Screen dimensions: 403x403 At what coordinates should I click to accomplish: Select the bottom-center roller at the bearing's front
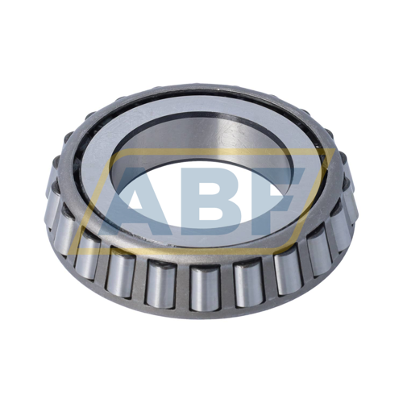(x=201, y=286)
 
